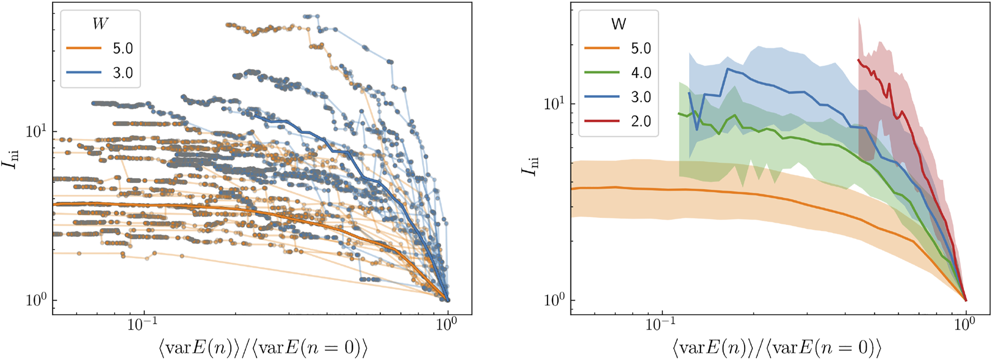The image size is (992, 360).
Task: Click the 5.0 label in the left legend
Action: (x=123, y=48)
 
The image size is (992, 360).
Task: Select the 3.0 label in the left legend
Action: (x=123, y=73)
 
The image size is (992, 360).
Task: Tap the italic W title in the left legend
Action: (x=100, y=24)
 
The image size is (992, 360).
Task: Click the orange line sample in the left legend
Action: (x=84, y=48)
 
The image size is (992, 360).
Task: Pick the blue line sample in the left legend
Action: (x=84, y=73)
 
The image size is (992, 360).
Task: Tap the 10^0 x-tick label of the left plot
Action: (x=446, y=325)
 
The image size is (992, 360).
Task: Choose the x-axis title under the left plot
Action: (x=263, y=348)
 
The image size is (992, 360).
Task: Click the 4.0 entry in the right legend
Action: (x=641, y=73)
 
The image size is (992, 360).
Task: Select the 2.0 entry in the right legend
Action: (x=641, y=121)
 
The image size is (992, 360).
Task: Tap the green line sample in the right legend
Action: (x=602, y=73)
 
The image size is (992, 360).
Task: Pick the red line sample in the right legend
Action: (x=602, y=121)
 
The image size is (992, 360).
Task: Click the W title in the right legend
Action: (x=619, y=24)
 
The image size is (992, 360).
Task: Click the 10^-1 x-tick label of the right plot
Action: (x=661, y=325)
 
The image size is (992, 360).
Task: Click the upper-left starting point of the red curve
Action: (x=858, y=59)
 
